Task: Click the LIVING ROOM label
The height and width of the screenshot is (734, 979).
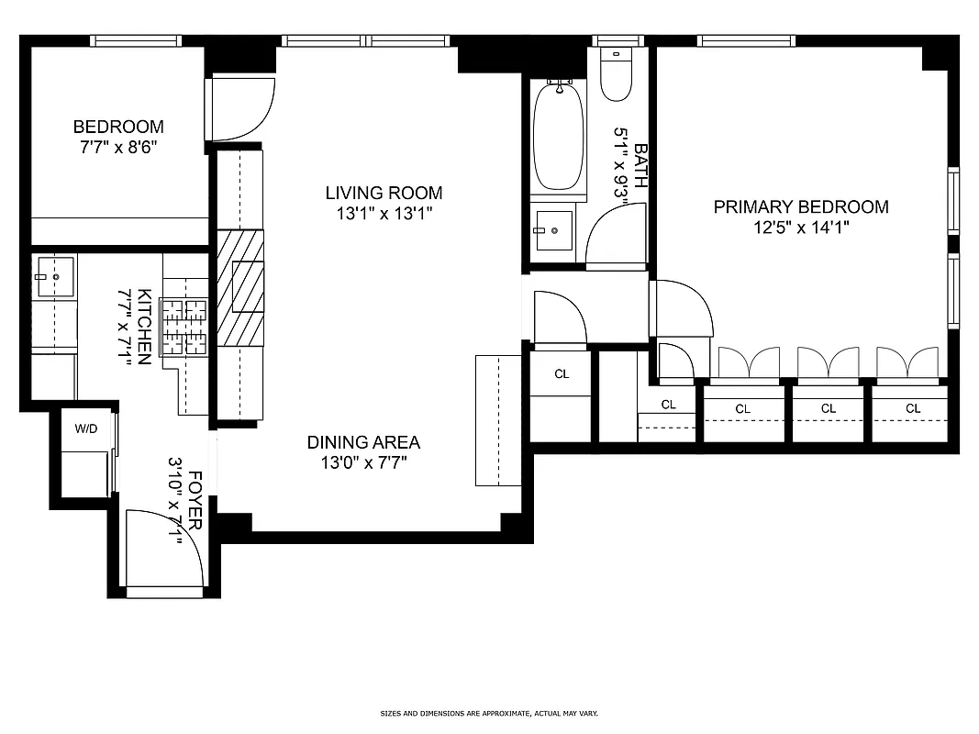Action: pos(384,193)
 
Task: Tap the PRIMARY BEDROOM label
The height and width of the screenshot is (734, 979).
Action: pos(800,206)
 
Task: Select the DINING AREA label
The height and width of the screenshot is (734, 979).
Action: pos(363,442)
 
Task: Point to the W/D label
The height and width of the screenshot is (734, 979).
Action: pos(85,428)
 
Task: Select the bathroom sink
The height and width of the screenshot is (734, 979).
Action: pos(553,229)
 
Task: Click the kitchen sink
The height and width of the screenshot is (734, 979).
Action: pos(54,274)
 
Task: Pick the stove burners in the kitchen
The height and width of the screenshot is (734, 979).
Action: pos(185,328)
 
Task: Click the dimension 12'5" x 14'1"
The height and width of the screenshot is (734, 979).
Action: pos(800,228)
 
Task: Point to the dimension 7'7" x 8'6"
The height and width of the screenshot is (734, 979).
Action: pos(118,147)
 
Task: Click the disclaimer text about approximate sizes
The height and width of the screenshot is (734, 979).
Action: pos(489,713)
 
